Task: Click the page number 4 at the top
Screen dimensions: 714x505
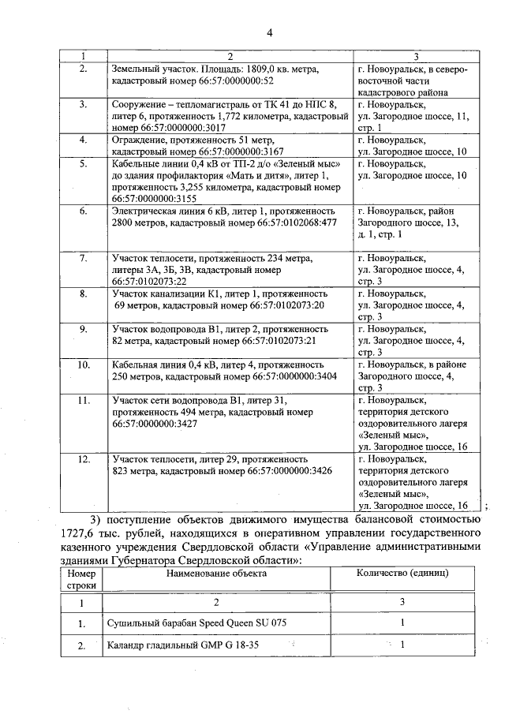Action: click(x=269, y=32)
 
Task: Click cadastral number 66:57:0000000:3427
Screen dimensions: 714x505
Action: click(x=154, y=424)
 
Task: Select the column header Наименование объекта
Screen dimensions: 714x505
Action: click(x=215, y=573)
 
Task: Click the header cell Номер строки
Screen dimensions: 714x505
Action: click(x=81, y=579)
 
